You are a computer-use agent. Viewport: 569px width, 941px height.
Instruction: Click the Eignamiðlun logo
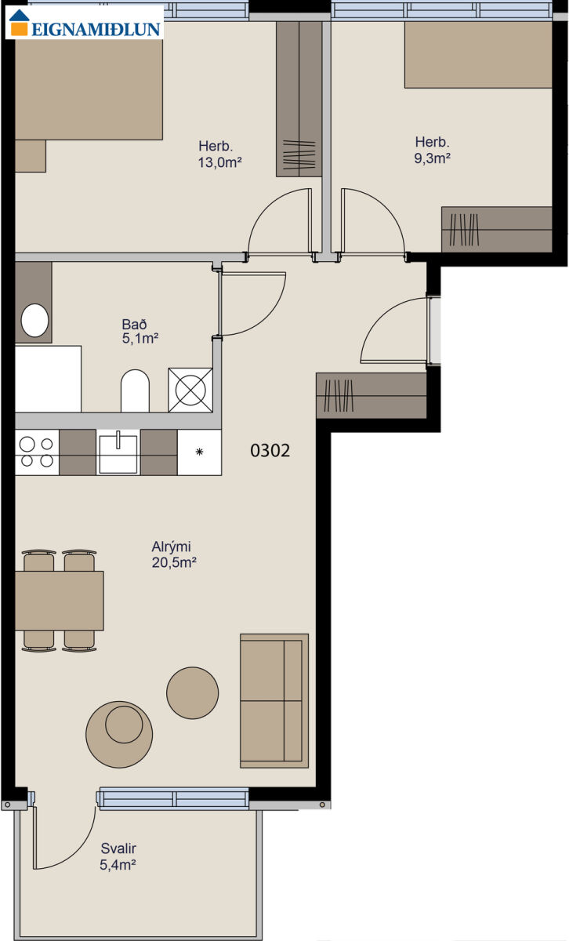(x=85, y=23)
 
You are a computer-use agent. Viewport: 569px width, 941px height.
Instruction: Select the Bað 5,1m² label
(x=140, y=331)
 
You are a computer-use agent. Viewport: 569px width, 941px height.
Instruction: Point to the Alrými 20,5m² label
(x=174, y=554)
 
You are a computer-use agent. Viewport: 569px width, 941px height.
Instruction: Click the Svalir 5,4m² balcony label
(x=118, y=856)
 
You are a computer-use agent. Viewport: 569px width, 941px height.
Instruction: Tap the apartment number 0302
(x=270, y=451)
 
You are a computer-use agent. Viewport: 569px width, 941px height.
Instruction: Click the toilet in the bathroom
(x=136, y=391)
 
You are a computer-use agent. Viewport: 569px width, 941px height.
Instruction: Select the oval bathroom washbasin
(x=34, y=320)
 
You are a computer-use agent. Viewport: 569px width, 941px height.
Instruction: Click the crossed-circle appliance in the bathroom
(x=190, y=391)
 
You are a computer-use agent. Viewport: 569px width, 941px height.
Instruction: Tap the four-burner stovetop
(x=37, y=452)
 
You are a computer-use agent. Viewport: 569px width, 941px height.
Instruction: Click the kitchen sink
(x=118, y=453)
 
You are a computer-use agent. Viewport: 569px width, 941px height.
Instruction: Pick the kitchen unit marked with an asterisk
(x=200, y=452)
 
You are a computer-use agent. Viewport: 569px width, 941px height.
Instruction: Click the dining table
(x=60, y=601)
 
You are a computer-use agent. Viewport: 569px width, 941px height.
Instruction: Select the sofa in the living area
(x=274, y=701)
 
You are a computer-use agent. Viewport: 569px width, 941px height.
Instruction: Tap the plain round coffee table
(x=192, y=692)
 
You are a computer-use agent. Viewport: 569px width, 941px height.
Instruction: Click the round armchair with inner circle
(x=119, y=734)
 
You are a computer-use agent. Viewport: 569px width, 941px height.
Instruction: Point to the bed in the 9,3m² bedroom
(x=478, y=55)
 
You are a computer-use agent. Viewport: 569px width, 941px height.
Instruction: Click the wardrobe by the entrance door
(x=371, y=395)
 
